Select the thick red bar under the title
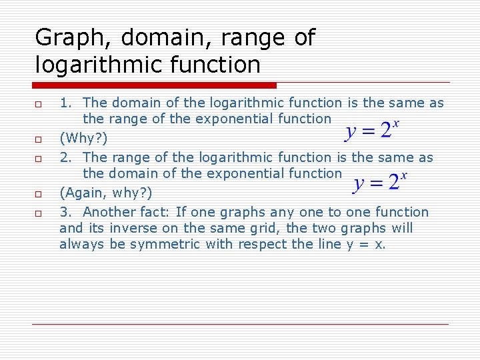(x=155, y=85)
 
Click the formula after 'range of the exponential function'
(x=372, y=129)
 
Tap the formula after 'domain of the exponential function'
(x=379, y=182)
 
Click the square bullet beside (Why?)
(x=39, y=139)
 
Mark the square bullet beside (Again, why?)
(x=39, y=194)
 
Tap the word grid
(x=263, y=229)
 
